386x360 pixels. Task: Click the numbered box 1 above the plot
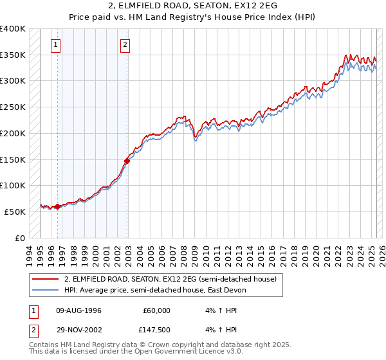click(x=57, y=45)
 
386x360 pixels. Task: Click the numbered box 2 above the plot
click(x=124, y=45)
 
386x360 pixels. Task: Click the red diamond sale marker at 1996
click(x=57, y=206)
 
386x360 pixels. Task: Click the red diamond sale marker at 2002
click(x=127, y=161)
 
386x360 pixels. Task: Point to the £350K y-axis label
click(x=13, y=55)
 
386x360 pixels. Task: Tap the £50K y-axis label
click(x=15, y=212)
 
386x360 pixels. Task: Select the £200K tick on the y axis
click(x=13, y=133)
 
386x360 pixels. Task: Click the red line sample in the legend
click(x=46, y=279)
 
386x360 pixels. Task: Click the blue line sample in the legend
click(x=46, y=290)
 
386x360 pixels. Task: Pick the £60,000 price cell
click(x=156, y=310)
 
